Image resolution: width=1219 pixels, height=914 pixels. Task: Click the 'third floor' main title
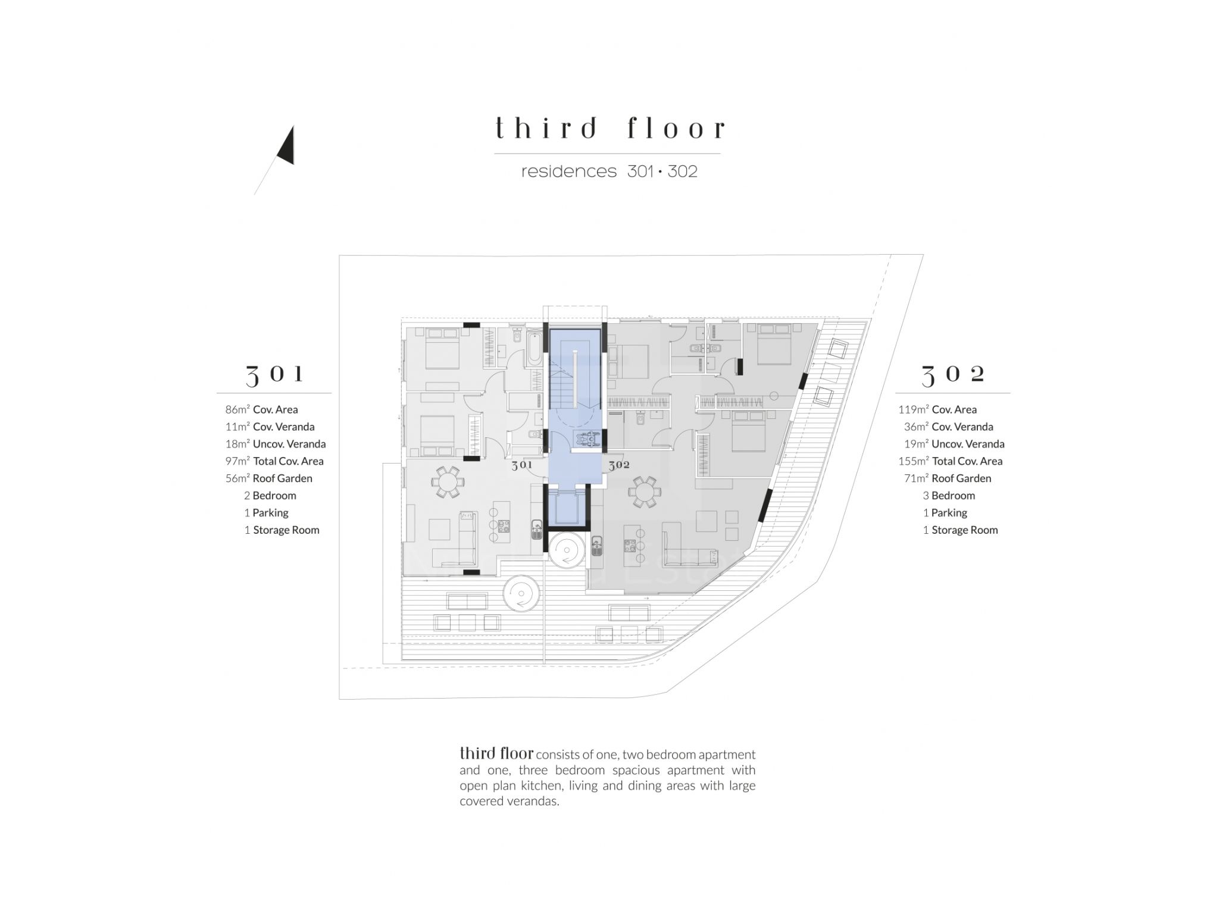[x=610, y=128]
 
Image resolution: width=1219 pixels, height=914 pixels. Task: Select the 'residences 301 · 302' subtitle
[x=609, y=171]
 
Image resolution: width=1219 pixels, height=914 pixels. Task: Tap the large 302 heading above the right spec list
[x=953, y=374]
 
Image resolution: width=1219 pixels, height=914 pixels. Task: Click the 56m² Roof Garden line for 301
[x=268, y=478]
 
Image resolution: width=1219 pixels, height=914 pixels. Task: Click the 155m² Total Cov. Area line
[x=951, y=461]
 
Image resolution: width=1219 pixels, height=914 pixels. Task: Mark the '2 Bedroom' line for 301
[x=270, y=496]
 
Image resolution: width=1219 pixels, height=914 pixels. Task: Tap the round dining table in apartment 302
[x=644, y=492]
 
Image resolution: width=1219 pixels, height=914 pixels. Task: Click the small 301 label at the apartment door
[x=522, y=465]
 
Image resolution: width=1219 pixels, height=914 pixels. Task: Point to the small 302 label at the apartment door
[x=619, y=465]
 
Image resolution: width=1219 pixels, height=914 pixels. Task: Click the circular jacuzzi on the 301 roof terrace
[x=521, y=593]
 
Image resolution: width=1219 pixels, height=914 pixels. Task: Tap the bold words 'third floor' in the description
[x=496, y=753]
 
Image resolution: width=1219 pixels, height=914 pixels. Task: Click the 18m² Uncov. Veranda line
[x=276, y=444]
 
